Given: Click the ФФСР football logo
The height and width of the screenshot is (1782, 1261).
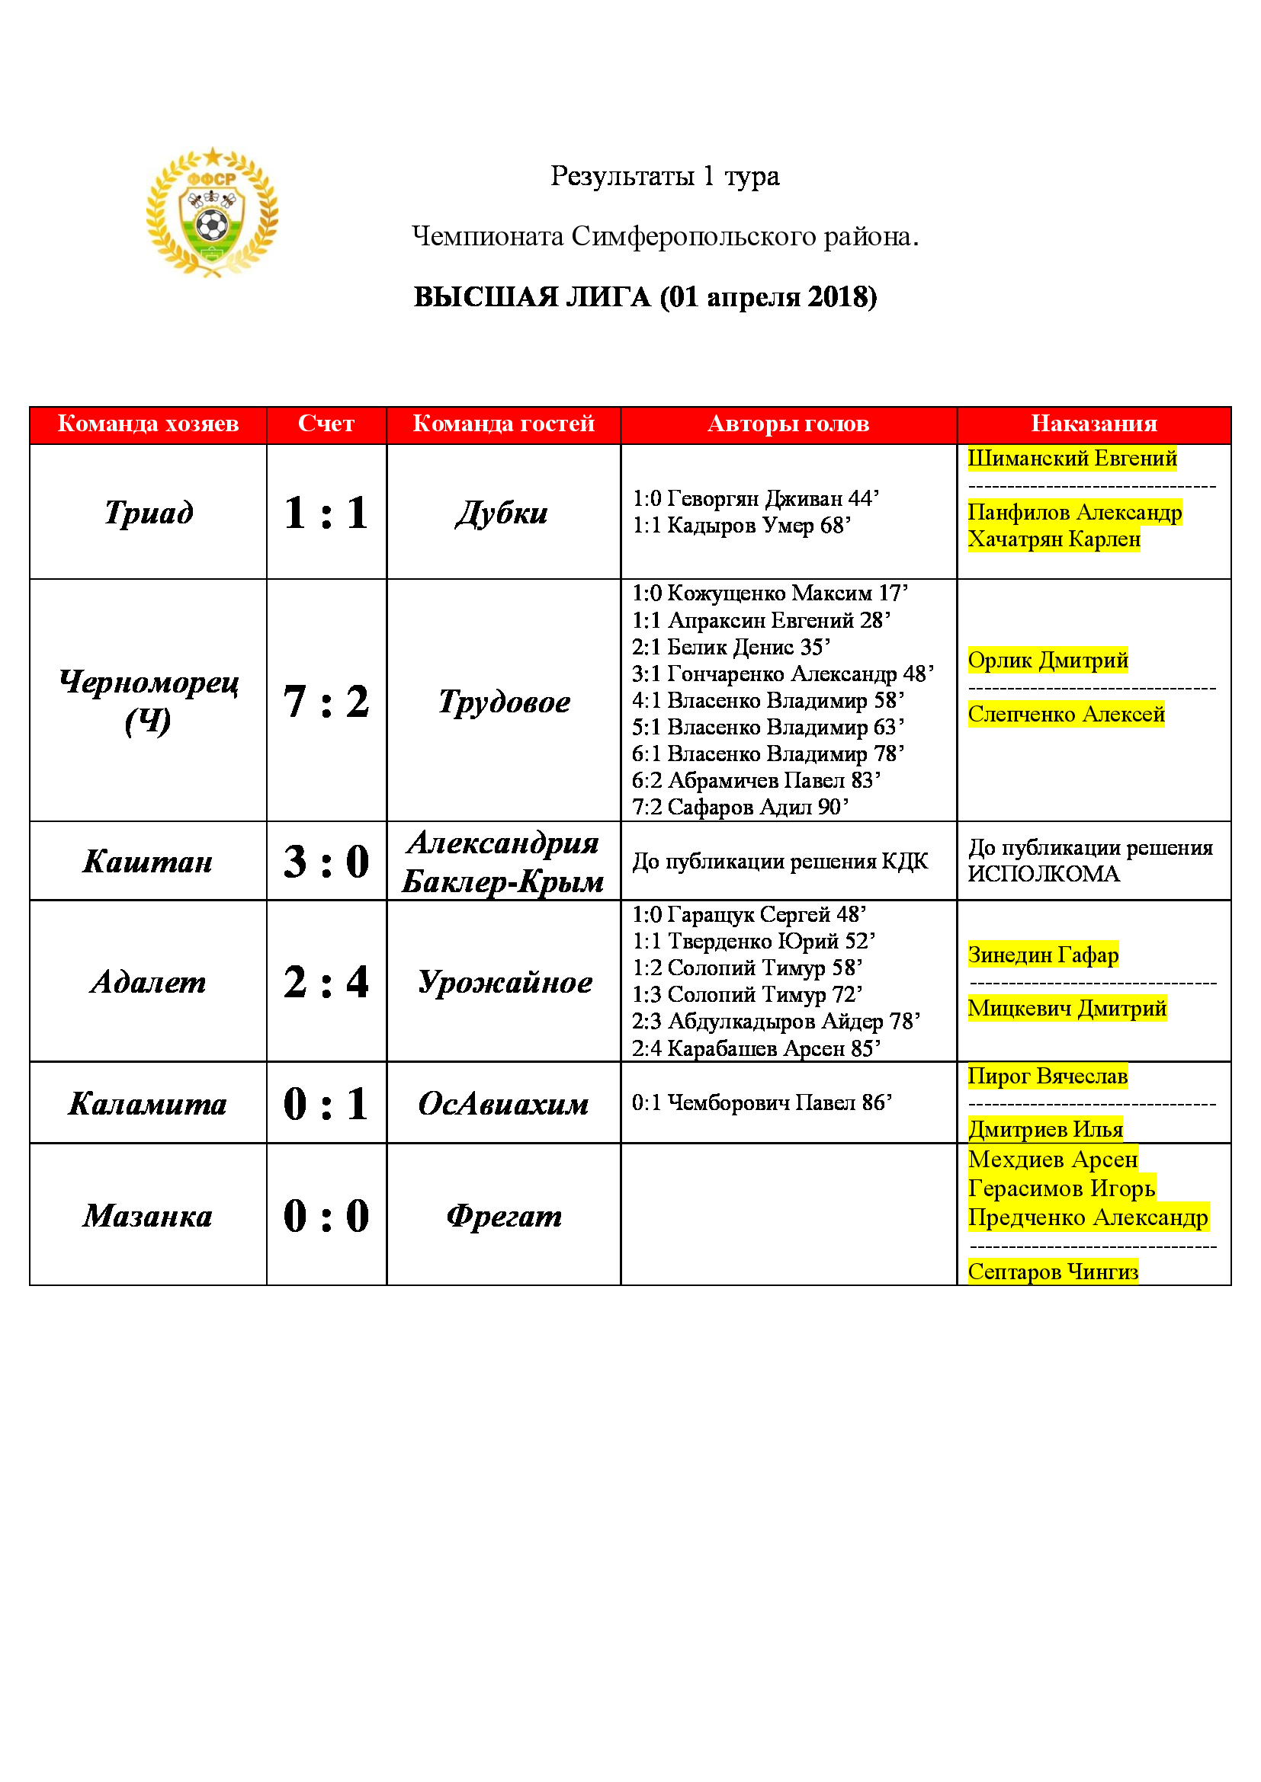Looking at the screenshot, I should (x=212, y=212).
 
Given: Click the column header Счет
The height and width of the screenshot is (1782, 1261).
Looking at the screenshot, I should (x=326, y=424).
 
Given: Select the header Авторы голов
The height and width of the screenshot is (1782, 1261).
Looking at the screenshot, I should (x=788, y=424).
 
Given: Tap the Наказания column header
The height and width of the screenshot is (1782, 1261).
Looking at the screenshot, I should (x=1093, y=424).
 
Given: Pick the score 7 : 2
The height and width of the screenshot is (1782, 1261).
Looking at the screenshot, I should (x=326, y=701).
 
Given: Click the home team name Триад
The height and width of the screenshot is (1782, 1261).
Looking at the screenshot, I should (x=149, y=512).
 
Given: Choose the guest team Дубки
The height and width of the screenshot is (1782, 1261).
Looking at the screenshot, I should (x=502, y=512).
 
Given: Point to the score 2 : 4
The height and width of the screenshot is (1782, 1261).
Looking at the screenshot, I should (x=326, y=982).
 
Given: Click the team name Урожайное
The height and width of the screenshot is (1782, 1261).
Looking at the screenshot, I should (x=505, y=982).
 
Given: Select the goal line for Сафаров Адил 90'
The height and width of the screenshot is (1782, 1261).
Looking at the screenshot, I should (x=740, y=807).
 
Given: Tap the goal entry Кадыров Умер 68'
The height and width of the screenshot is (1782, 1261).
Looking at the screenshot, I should (x=742, y=526).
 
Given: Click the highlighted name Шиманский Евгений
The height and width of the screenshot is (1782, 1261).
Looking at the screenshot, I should (x=1071, y=458).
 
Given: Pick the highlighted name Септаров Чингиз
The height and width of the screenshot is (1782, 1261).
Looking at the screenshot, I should (x=1053, y=1272).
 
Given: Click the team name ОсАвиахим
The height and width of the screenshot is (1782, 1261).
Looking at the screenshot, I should (x=503, y=1103).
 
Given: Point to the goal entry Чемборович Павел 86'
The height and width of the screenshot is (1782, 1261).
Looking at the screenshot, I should (x=762, y=1102).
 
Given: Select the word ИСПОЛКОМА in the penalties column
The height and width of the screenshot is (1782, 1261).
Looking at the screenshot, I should (x=1044, y=874).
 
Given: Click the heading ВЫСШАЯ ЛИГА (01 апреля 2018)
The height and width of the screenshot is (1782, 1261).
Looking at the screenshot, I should (x=644, y=297).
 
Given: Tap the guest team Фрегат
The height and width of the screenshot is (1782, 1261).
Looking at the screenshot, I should (x=504, y=1215).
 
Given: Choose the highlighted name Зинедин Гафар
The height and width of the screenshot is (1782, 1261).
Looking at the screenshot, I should (x=1043, y=954).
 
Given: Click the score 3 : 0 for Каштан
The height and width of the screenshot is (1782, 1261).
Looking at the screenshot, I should (x=326, y=862).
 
